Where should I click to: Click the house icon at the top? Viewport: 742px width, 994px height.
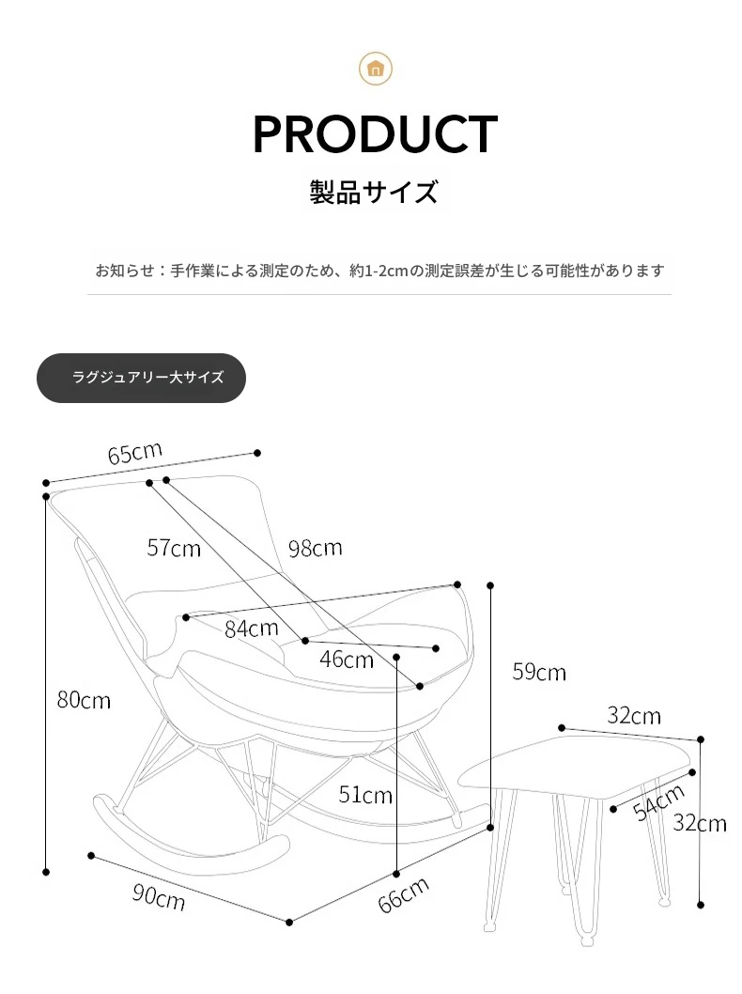pos(376,69)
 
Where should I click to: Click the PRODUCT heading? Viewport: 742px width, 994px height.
pos(375,134)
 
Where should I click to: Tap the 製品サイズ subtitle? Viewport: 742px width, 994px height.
pos(374,192)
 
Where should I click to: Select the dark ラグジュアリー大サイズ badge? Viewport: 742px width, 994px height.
pos(141,378)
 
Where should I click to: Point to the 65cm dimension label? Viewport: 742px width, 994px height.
pos(135,453)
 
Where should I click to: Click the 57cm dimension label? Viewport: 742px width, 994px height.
pos(174,549)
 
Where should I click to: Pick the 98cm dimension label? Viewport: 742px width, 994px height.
pos(316,549)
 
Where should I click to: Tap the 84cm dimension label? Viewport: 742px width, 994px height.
pos(252,629)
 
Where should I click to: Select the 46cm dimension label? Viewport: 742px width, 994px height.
pos(347,660)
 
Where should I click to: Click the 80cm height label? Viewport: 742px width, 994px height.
pos(84,700)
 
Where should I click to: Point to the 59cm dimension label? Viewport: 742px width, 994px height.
pos(539,672)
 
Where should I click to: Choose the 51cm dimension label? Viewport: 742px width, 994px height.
pos(365,795)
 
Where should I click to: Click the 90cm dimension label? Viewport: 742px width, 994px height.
pos(159,897)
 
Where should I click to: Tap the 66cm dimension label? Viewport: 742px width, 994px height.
pos(404,895)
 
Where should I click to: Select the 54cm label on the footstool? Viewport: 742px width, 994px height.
pos(659,802)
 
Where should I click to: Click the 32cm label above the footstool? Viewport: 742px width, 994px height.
pos(634,716)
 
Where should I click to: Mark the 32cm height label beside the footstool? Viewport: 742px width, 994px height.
pos(700,823)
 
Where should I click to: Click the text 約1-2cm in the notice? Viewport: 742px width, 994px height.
pos(379,272)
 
